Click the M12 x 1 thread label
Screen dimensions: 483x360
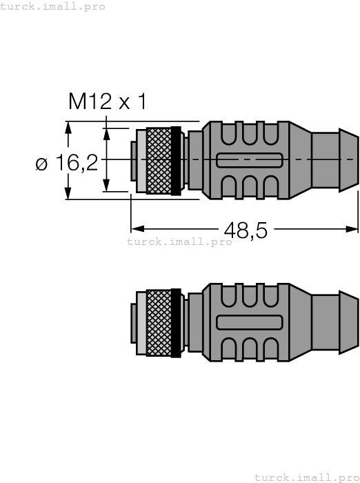pos(107,102)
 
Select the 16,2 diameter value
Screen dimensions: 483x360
pos(77,164)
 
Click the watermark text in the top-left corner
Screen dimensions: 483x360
pos(53,6)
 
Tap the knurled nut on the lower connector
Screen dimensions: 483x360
pos(159,322)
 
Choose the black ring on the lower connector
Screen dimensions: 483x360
pos(176,322)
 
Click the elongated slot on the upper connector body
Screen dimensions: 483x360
pos(249,160)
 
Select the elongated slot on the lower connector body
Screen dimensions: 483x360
pos(249,322)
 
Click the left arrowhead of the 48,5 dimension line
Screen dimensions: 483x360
pos(135,227)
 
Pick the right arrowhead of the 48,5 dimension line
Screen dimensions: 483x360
pos(353,227)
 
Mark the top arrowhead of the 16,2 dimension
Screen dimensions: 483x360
pos(68,126)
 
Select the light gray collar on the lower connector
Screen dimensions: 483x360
pos(141,322)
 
